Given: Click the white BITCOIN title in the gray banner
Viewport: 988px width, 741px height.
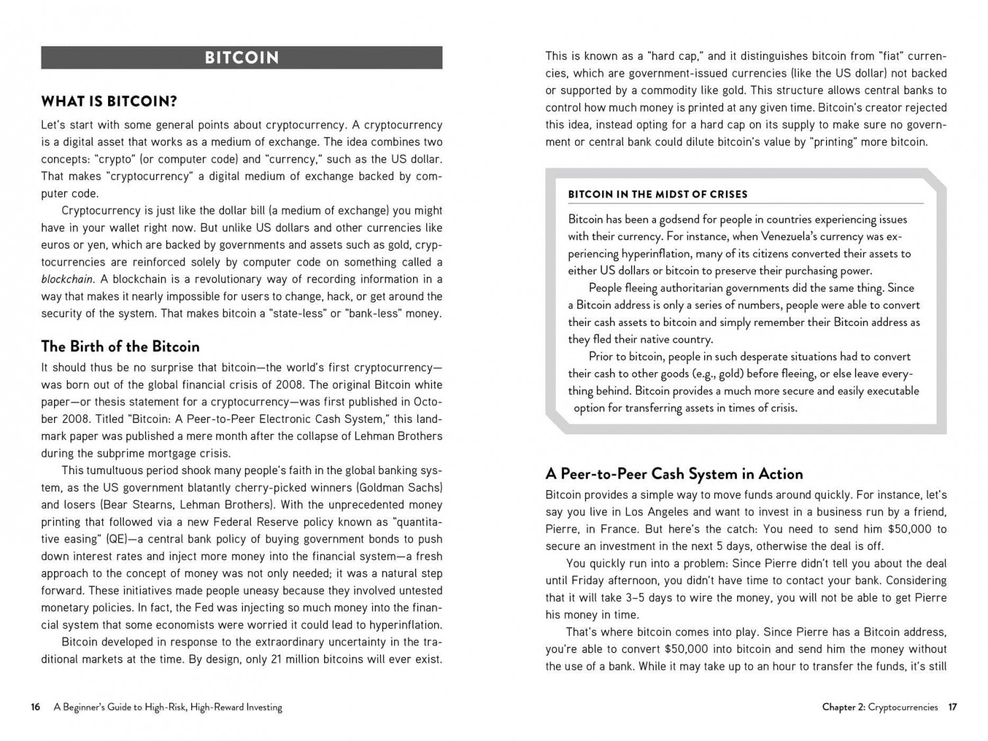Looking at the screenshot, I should (242, 58).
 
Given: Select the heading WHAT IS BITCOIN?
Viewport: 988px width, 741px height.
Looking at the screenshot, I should (109, 101).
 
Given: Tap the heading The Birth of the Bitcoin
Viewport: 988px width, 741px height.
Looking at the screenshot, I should (120, 346).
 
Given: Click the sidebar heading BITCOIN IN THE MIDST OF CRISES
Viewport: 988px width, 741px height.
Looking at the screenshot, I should (657, 194).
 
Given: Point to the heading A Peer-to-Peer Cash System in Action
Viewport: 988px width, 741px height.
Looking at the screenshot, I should (674, 474).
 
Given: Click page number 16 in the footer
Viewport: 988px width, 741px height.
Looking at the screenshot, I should (36, 707).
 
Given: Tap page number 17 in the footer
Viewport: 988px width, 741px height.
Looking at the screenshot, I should (952, 707).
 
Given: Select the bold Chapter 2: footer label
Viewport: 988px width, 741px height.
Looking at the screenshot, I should (844, 707).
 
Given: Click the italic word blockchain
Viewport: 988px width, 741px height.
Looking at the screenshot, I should (67, 279).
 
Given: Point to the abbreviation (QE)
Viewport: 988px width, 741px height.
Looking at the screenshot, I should (118, 539).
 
